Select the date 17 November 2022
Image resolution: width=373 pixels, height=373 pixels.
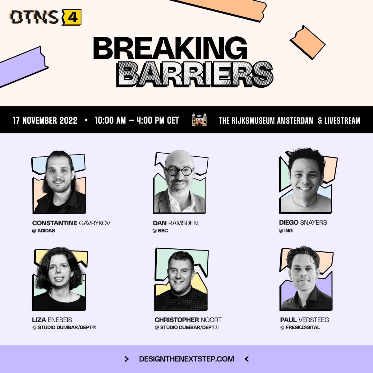tap(45, 120)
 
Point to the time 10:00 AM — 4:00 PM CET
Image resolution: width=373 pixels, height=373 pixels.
tap(137, 120)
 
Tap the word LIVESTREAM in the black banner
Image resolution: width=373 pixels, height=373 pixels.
tap(342, 120)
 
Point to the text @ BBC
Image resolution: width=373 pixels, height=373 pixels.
tap(160, 231)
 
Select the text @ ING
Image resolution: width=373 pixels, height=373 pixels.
tap(286, 231)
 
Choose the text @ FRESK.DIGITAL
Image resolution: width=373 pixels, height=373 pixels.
tap(300, 327)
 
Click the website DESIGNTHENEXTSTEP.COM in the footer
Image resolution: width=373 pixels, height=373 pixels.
tap(186, 359)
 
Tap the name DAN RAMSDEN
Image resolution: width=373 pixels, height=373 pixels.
tap(175, 223)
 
